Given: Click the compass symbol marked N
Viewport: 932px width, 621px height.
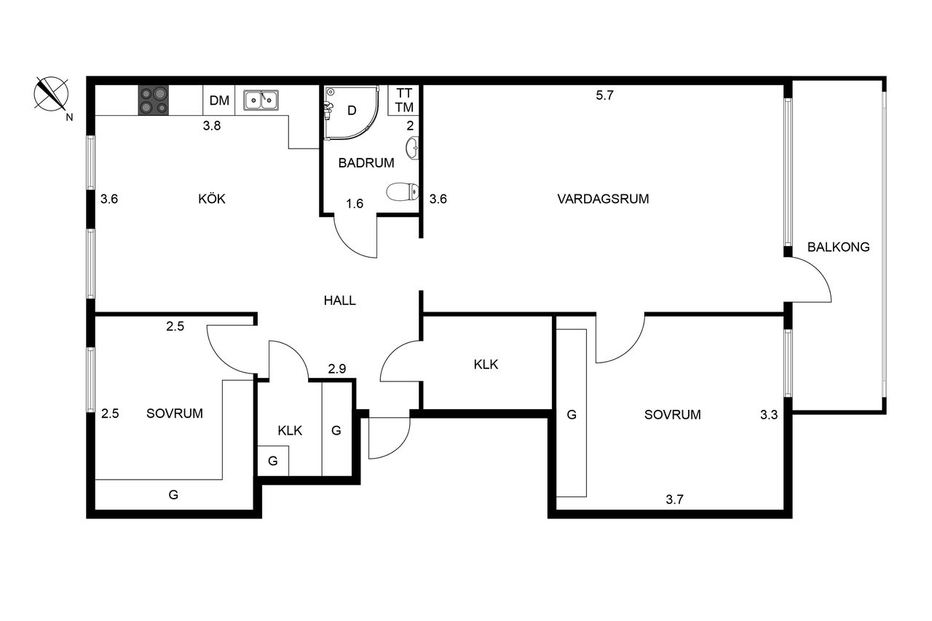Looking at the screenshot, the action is (51, 95).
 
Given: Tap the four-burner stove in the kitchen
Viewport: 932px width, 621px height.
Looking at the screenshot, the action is (154, 100).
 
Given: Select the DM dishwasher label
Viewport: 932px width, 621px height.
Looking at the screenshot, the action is (219, 100).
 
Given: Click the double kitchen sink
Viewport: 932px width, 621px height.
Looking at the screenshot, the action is (261, 100).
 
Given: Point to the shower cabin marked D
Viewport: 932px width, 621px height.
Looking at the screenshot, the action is (352, 111).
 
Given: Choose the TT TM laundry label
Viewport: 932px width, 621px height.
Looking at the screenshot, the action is (404, 100).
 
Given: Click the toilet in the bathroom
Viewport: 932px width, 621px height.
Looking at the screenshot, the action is (403, 191).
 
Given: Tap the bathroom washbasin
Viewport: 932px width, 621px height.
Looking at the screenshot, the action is (412, 148).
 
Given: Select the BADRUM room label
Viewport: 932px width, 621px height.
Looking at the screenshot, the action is (366, 163).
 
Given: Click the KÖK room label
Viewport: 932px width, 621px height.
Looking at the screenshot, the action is (212, 199).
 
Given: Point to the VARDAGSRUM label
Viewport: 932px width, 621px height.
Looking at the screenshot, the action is (603, 199).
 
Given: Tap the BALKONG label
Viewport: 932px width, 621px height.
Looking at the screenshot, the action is (838, 247).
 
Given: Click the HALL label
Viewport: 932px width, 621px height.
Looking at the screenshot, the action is (339, 301).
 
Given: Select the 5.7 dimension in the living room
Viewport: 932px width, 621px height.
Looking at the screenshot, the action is (604, 95).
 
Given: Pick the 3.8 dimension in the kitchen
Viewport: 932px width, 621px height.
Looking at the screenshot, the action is (212, 126).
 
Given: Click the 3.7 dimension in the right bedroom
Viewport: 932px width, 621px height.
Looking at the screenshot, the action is (674, 499).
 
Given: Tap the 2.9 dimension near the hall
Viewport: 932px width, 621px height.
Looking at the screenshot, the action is (337, 368).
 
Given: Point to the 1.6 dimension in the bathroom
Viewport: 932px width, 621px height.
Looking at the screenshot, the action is (355, 203).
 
